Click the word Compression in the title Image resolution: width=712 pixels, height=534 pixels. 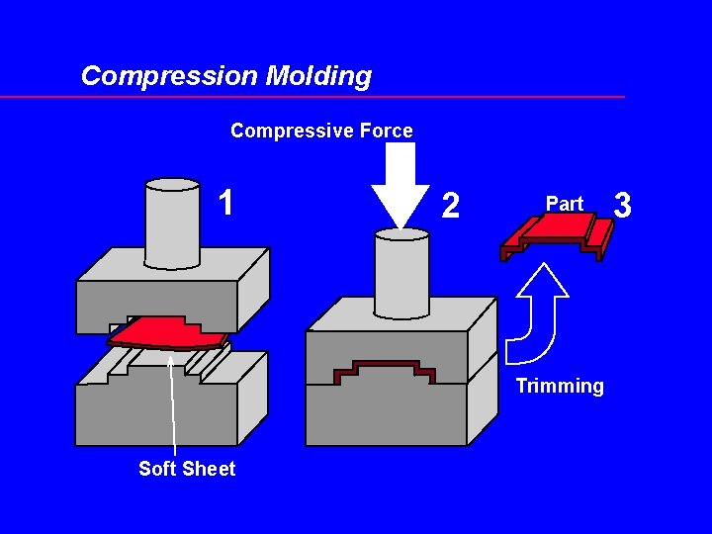point(169,76)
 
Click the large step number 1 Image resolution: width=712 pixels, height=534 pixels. point(226,204)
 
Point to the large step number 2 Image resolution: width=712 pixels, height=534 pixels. point(451,206)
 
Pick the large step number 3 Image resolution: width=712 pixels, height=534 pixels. point(622,205)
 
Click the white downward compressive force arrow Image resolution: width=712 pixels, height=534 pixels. point(400,183)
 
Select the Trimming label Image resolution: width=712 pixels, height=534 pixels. point(560,387)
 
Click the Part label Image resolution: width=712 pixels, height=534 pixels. point(565,204)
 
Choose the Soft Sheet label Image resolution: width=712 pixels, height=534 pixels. point(187,469)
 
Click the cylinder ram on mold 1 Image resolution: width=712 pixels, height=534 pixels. point(172,222)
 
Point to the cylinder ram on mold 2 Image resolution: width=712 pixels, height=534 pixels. point(401,272)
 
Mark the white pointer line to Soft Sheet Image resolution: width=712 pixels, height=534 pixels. point(173,405)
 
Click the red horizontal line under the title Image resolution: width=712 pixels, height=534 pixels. point(311,97)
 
